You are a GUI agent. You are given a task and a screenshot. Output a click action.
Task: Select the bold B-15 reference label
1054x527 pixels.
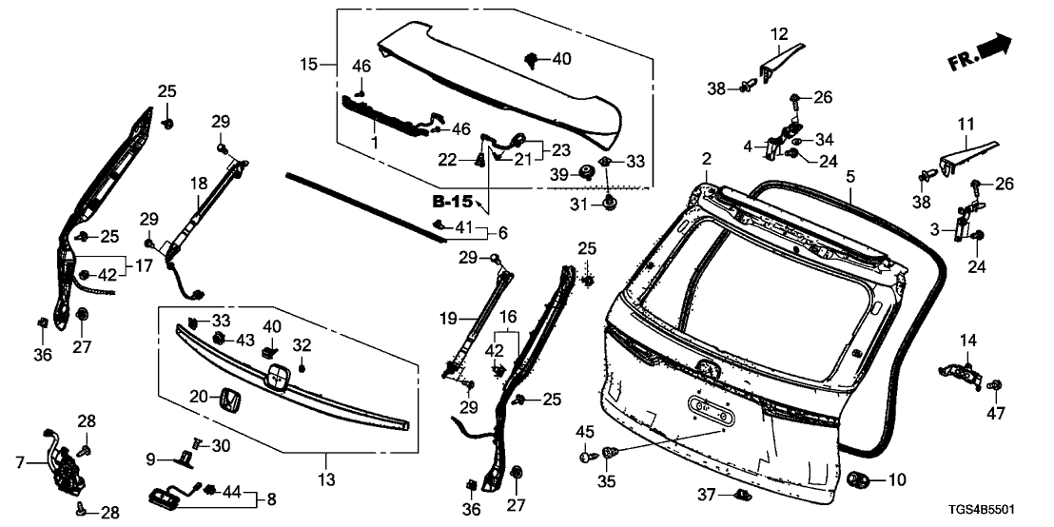(453, 202)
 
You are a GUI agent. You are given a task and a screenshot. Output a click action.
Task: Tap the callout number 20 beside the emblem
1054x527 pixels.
(198, 395)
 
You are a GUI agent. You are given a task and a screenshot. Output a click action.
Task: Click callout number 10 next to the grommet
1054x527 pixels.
(899, 481)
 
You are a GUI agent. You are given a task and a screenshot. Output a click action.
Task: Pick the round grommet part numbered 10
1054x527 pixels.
(860, 481)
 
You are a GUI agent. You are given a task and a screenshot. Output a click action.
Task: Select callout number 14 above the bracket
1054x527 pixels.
(968, 341)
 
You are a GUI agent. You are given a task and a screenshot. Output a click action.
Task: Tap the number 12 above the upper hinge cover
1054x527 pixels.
(780, 35)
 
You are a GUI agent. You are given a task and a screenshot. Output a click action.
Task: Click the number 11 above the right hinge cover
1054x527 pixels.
(966, 125)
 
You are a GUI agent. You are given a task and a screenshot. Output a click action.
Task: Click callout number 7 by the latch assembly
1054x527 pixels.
(20, 463)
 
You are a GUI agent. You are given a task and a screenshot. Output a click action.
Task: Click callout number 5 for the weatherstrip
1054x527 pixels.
(849, 176)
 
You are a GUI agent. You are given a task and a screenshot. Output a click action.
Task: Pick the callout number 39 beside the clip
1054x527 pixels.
(561, 173)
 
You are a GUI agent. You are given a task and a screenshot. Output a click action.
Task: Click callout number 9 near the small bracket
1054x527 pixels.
(151, 459)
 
